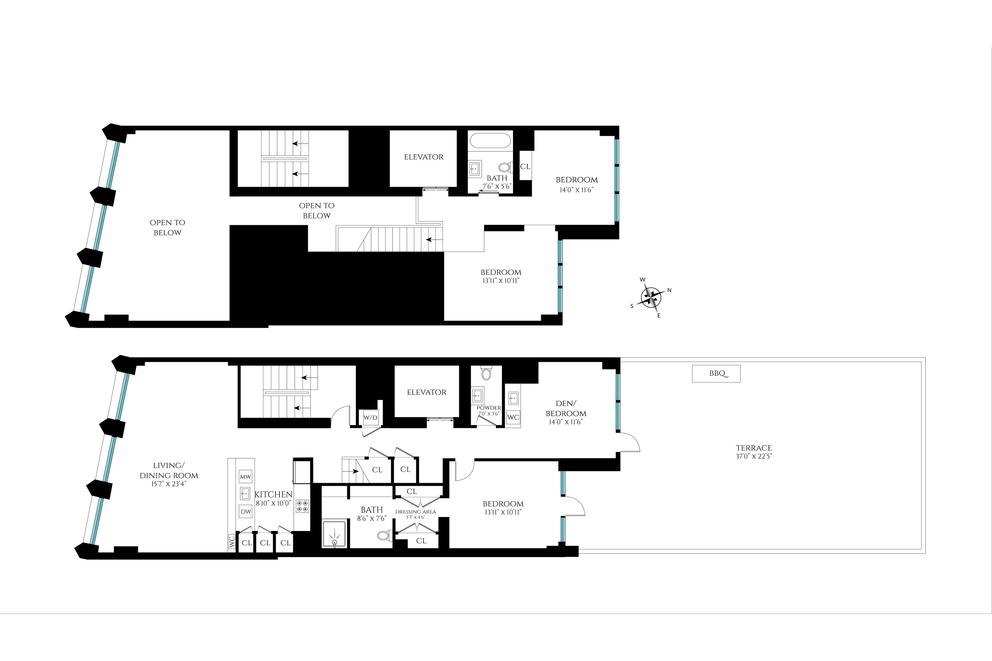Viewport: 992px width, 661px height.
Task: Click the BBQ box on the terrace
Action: tap(716, 373)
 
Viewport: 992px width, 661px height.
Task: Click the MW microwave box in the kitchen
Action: tap(245, 476)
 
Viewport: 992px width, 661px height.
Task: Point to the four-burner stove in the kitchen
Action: tap(302, 506)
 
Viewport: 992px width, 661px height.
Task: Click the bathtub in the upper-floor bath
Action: tap(490, 140)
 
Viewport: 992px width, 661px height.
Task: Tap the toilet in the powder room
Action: tap(486, 373)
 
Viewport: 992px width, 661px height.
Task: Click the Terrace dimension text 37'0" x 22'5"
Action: tap(754, 456)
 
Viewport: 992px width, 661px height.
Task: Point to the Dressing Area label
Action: tap(416, 512)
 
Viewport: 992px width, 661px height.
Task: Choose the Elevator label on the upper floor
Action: tap(424, 157)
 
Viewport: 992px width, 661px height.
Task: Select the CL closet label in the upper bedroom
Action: tap(525, 167)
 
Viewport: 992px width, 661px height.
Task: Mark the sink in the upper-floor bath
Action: tap(475, 169)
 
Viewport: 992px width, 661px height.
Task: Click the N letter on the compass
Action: tap(669, 290)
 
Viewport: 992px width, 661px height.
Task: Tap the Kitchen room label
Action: tap(273, 494)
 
